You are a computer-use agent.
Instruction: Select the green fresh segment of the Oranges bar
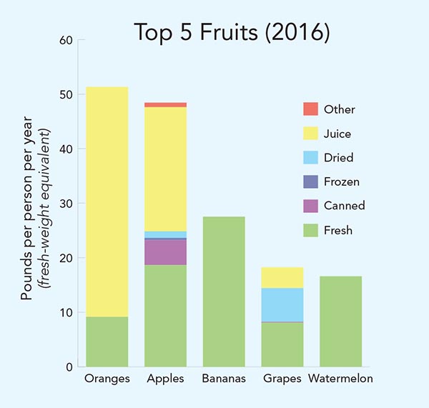click(x=107, y=342)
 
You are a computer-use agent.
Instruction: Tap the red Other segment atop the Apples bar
click(x=165, y=104)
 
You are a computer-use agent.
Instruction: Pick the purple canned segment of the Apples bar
click(x=165, y=252)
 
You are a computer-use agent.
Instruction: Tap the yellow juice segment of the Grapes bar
click(x=282, y=277)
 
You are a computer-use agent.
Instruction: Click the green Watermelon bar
click(x=341, y=322)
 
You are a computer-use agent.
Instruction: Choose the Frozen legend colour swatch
click(x=310, y=181)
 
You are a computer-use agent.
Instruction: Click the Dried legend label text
click(x=338, y=157)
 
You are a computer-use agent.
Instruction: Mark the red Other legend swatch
click(x=310, y=109)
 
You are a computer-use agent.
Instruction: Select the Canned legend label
click(x=344, y=206)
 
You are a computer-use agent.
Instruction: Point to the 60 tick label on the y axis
click(x=66, y=40)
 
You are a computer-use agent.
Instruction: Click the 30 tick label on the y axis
click(x=66, y=204)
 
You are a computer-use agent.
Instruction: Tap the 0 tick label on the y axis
click(x=69, y=367)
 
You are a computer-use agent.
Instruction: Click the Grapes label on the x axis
click(x=282, y=379)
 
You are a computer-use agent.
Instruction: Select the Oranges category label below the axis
click(x=107, y=379)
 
